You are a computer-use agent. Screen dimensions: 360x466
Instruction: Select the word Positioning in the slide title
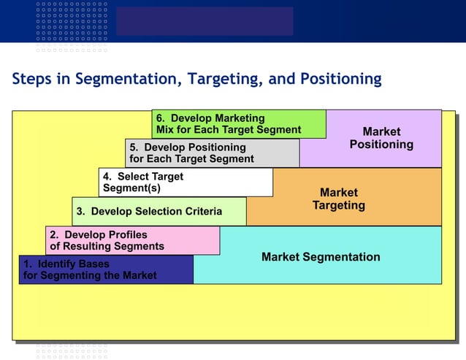tap(337, 79)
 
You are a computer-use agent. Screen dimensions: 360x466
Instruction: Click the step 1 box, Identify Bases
tap(106, 269)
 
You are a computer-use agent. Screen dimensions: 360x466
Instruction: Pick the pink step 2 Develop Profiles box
tap(132, 240)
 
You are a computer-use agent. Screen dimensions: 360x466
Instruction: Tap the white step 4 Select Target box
tap(186, 182)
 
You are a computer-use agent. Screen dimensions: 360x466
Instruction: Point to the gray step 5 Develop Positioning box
tap(212, 153)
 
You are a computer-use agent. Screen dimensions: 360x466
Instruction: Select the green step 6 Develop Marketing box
tap(239, 124)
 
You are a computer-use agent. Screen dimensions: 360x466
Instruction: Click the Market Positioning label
tap(381, 138)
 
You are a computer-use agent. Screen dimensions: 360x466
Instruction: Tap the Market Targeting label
tap(339, 199)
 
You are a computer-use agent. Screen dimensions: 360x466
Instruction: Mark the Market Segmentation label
tap(321, 257)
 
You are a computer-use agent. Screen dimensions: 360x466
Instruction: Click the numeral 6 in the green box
tap(160, 118)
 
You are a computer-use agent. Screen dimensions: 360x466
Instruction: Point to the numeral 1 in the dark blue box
tap(26, 264)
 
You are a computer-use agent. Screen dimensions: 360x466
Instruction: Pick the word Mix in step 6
tap(165, 130)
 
